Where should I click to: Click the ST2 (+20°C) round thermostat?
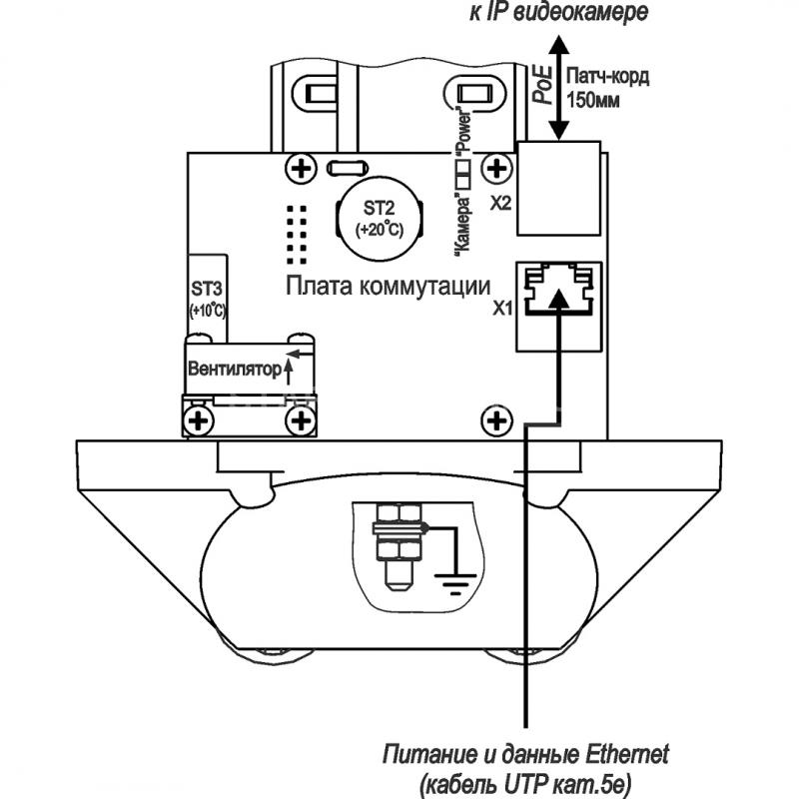[380, 218]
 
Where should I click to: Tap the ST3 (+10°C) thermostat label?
[208, 299]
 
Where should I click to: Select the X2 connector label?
[500, 204]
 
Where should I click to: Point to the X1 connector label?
[502, 309]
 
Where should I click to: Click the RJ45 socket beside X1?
[559, 307]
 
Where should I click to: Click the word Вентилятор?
[235, 368]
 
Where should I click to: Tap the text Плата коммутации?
[389, 287]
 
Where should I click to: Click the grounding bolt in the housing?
[400, 546]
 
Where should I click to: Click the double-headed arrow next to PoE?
[559, 87]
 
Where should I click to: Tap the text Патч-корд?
[608, 77]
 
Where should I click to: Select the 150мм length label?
[593, 100]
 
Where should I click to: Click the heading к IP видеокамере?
[559, 12]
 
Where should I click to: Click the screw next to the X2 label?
[496, 168]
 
